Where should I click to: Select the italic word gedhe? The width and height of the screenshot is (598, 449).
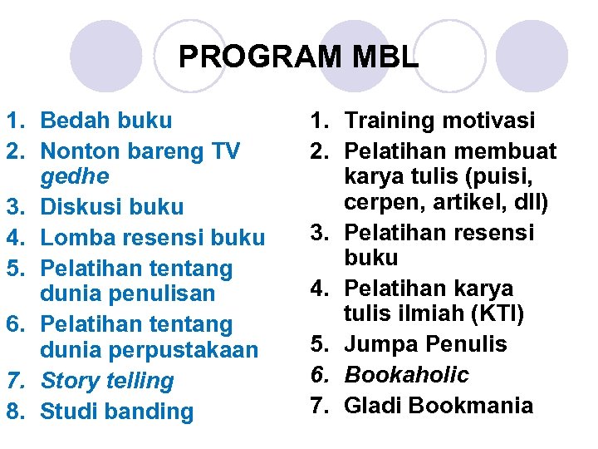pos(75,176)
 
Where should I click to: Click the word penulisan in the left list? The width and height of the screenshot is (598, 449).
pos(149,294)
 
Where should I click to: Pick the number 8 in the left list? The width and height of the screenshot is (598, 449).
pos(14,411)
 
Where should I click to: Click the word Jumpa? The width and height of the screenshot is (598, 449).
pos(380,343)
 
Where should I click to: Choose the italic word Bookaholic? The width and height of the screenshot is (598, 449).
pos(407,374)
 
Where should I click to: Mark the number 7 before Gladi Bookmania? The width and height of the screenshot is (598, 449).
pos(321,405)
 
